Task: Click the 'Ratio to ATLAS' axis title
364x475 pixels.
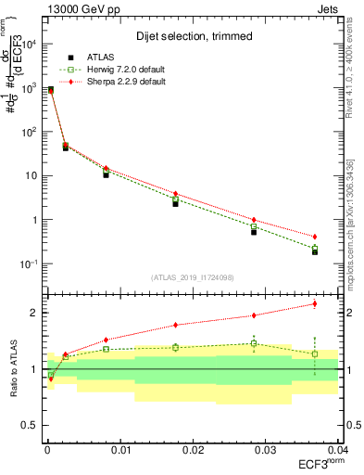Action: pos(12,368)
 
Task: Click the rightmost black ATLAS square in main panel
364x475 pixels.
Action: pos(315,251)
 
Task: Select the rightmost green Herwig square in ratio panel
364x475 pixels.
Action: pos(315,353)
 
